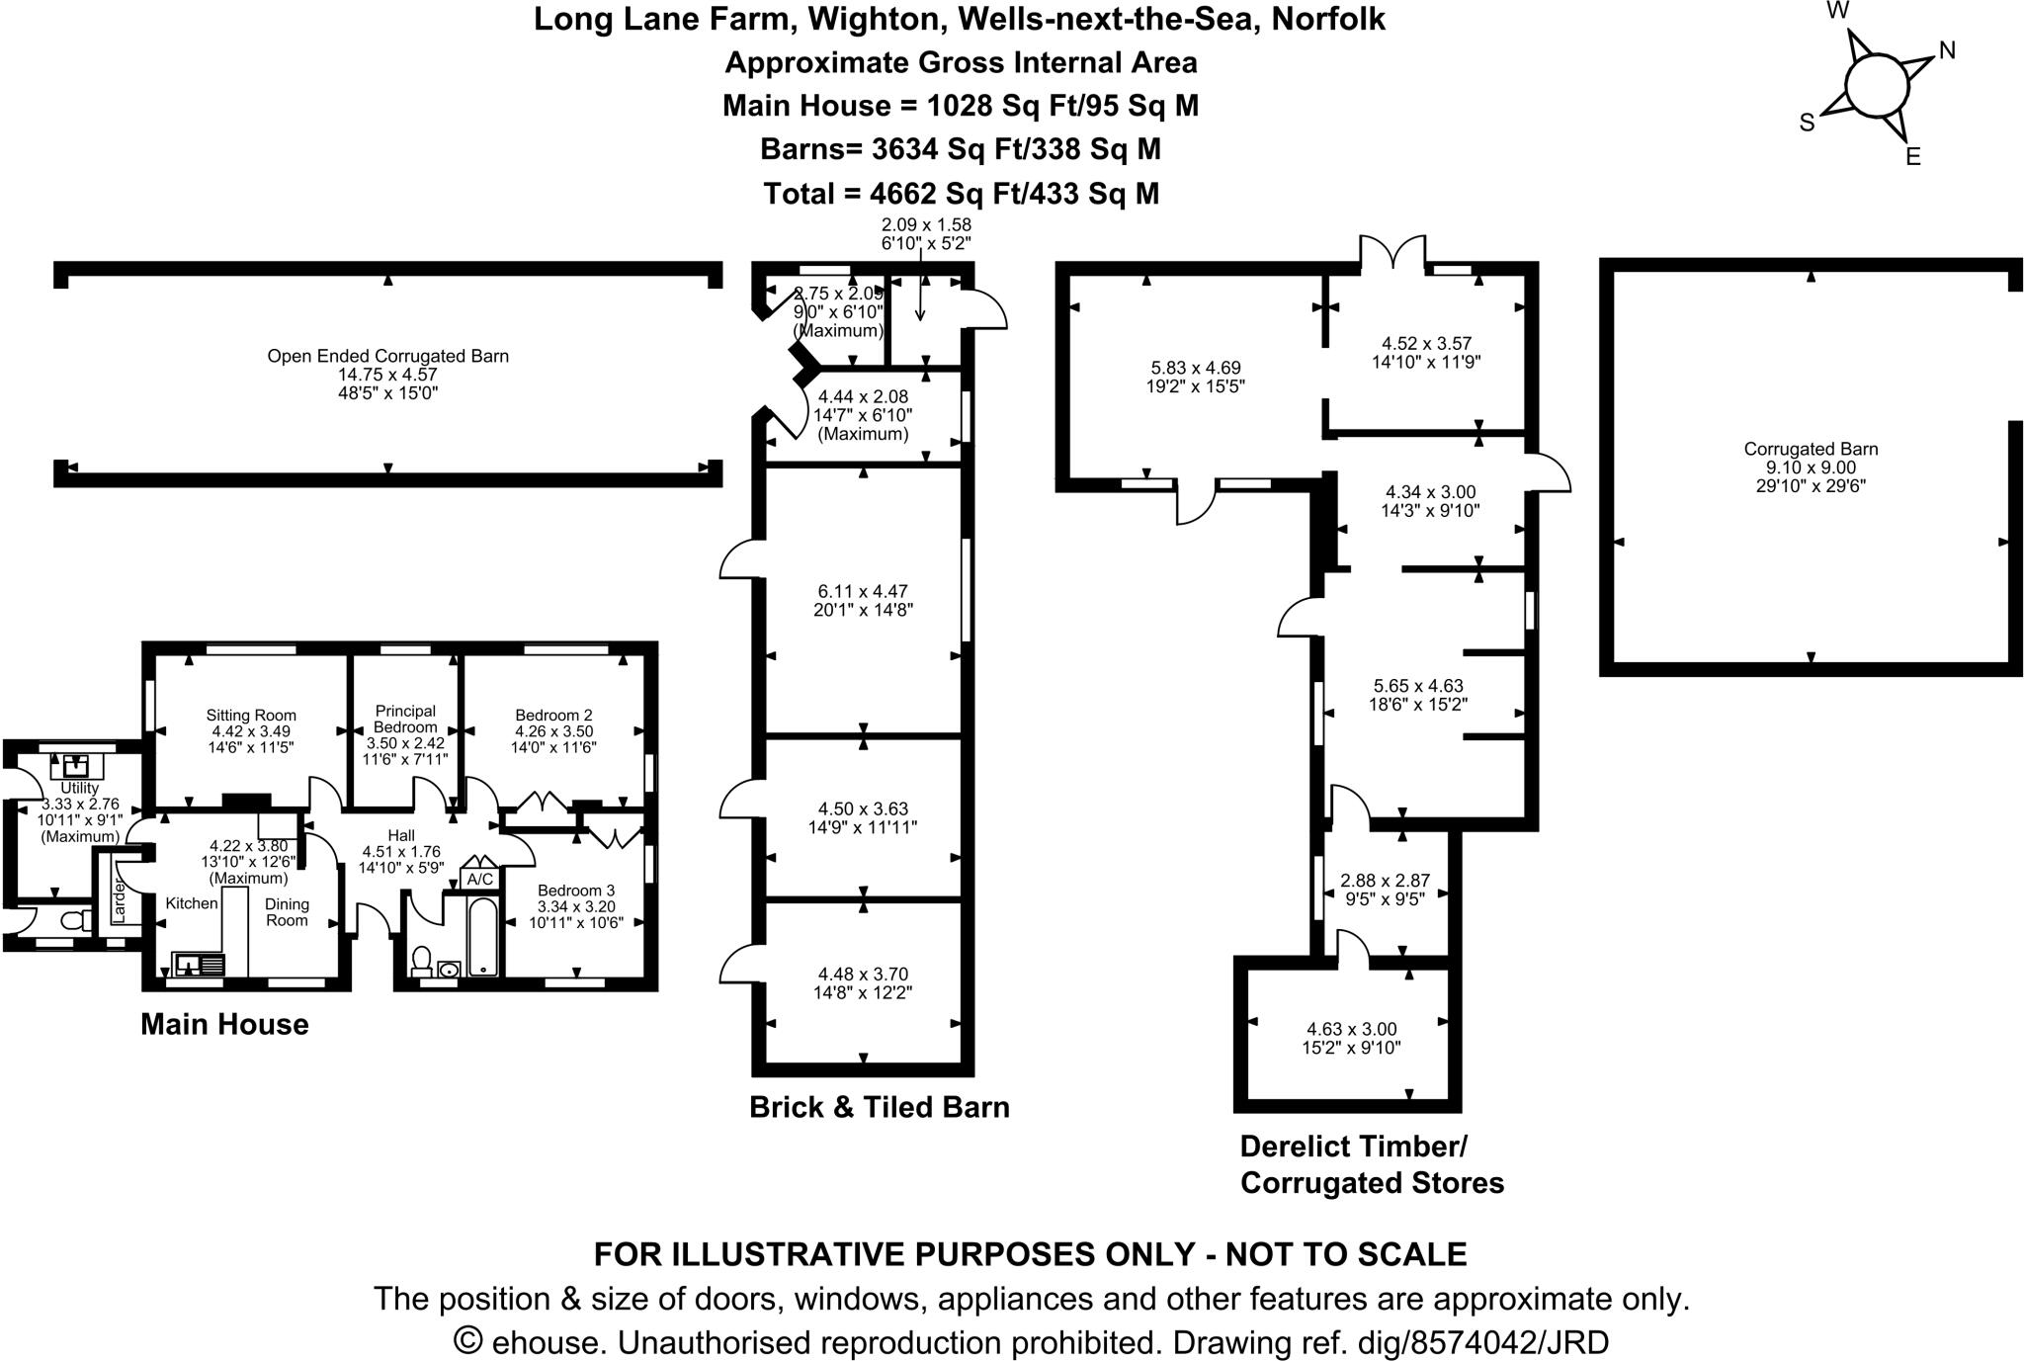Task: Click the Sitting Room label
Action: (251, 715)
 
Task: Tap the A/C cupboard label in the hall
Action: (480, 879)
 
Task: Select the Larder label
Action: (119, 900)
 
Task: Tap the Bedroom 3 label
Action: (575, 891)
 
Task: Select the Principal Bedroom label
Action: (405, 719)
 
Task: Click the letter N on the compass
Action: (1947, 50)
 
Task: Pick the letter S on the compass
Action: (1807, 124)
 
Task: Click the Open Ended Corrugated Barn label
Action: (387, 356)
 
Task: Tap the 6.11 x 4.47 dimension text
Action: (862, 592)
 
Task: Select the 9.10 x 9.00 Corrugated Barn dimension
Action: (1811, 468)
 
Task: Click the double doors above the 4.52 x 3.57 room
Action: (1393, 253)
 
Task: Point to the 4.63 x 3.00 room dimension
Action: (1350, 1029)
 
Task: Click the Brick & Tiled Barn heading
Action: (879, 1106)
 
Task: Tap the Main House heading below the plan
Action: (224, 1024)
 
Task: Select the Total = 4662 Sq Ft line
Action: (961, 193)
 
